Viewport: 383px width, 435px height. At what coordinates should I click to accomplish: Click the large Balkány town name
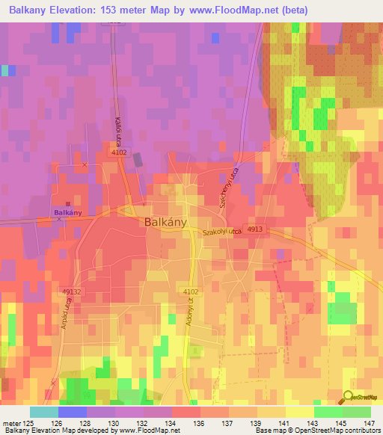tap(165, 222)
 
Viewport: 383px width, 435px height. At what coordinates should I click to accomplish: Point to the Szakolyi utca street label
tap(222, 234)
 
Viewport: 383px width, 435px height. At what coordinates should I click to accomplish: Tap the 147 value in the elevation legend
tap(368, 423)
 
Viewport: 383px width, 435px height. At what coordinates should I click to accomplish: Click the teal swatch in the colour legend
tap(44, 412)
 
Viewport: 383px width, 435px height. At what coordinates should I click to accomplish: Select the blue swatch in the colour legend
tap(73, 412)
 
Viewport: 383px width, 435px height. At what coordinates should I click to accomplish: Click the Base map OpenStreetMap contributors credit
tap(317, 431)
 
